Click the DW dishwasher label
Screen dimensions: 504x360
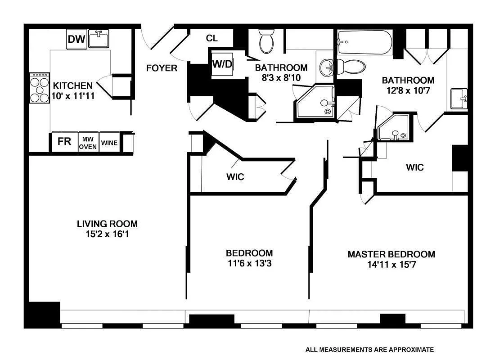(76, 40)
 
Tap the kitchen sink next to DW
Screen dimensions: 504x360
(98, 39)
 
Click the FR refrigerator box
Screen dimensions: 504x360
(64, 142)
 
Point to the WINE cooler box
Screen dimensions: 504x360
(109, 143)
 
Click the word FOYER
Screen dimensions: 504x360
(162, 68)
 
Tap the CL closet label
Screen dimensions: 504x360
(212, 38)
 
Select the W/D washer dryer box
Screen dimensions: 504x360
(222, 64)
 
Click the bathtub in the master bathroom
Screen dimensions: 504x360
(364, 42)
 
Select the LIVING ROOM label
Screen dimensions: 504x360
(107, 224)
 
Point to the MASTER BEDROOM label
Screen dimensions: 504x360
(391, 254)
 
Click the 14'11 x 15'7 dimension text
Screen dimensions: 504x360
(391, 265)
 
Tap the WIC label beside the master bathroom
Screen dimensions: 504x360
(414, 167)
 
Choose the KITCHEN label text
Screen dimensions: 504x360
(73, 85)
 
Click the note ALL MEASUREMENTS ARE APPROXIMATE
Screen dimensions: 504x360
(369, 349)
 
